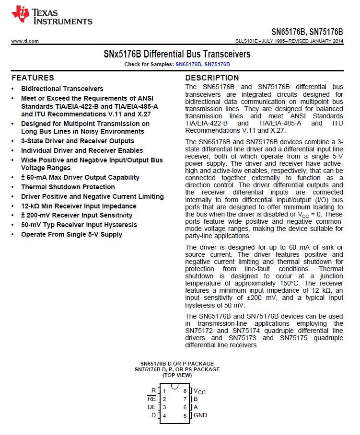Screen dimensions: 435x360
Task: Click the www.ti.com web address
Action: pyautogui.click(x=25, y=41)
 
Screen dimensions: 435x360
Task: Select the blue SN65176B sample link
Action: pyautogui.click(x=188, y=64)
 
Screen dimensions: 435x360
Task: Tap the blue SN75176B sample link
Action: pyautogui.click(x=217, y=64)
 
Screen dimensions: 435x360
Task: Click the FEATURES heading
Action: pyautogui.click(x=33, y=78)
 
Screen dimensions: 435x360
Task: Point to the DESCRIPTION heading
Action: pyautogui.click(x=212, y=78)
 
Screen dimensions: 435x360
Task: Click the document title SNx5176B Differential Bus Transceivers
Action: pyautogui.click(x=177, y=54)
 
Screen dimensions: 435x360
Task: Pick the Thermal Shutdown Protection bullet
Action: pyautogui.click(x=68, y=187)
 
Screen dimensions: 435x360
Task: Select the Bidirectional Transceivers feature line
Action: pyautogui.click(x=62, y=89)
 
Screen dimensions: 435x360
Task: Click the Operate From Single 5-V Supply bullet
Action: pyautogui.click(x=71, y=234)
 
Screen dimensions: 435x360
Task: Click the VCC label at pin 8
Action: pyautogui.click(x=199, y=391)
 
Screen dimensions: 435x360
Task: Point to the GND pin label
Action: pyautogui.click(x=200, y=415)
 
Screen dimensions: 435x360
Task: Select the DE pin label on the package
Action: pyautogui.click(x=151, y=407)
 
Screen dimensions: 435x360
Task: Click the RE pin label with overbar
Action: pyautogui.click(x=151, y=399)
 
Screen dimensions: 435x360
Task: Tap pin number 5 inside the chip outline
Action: pyautogui.click(x=185, y=415)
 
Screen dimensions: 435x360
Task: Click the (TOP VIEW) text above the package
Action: pyautogui.click(x=177, y=375)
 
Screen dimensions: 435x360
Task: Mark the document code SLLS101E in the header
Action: pyautogui.click(x=248, y=41)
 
